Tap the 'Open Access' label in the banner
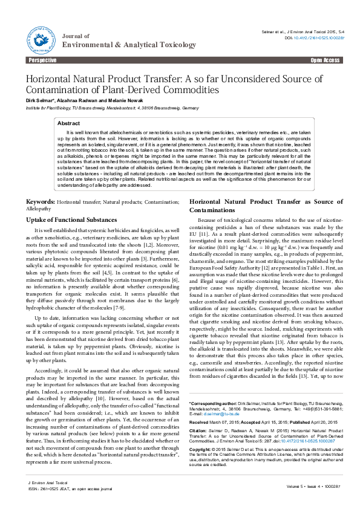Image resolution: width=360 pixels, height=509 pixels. pos(325,60)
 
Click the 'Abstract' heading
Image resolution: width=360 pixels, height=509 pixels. pos(68,123)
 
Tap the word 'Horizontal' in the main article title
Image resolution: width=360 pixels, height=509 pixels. pos(53,79)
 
